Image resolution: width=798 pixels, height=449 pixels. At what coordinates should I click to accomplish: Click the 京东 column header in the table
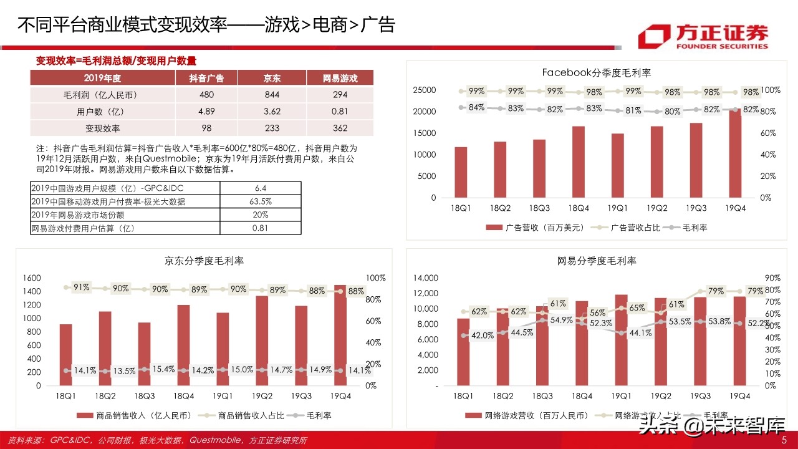coord(272,78)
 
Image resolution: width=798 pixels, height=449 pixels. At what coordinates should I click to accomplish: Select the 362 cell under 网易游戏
coord(340,128)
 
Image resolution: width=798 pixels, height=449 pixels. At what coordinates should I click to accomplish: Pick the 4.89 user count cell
coord(206,112)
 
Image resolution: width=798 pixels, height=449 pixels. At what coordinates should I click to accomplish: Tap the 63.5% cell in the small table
coord(260,201)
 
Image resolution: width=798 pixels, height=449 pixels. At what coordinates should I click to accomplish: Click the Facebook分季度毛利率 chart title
coord(596,73)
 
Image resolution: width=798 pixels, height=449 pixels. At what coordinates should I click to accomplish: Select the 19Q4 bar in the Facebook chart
coord(735,153)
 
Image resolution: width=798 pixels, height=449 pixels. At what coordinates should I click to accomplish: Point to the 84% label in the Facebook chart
coord(477,107)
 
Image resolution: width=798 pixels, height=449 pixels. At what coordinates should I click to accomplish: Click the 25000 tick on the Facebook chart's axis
coord(425,90)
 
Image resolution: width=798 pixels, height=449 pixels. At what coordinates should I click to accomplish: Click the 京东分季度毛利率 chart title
coord(204,261)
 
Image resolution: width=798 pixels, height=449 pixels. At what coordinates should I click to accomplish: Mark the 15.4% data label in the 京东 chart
coord(163,369)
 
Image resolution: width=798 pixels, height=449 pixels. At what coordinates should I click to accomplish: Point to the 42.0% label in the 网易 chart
coord(482,335)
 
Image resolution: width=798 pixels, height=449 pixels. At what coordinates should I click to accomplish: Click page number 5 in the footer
coord(784,440)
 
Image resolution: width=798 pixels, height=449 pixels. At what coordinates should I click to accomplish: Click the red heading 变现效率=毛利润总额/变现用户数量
coord(116,60)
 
